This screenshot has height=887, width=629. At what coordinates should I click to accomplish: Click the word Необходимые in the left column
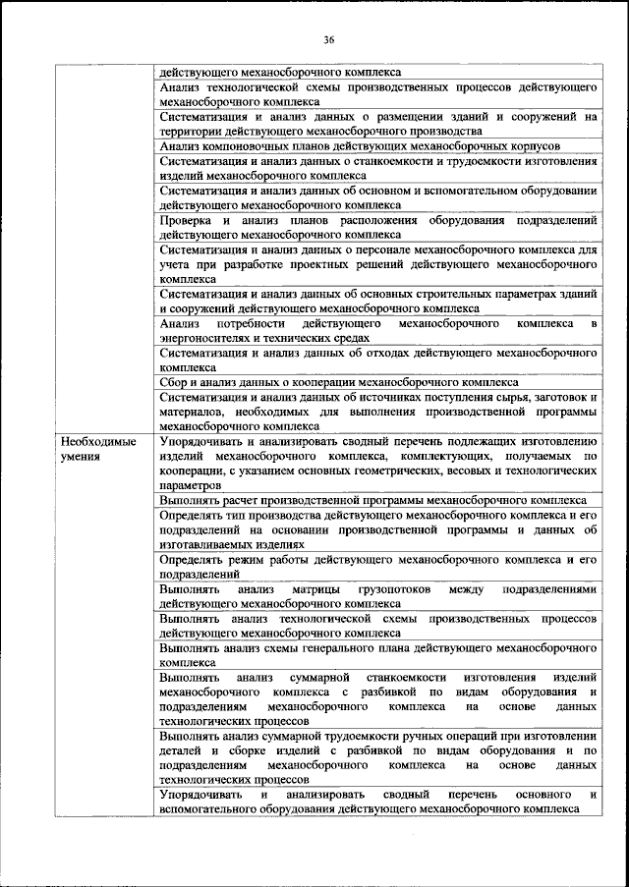[x=97, y=443]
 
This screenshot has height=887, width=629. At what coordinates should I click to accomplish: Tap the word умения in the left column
[x=80, y=457]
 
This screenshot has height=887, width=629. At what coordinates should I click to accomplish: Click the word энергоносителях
[x=201, y=336]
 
